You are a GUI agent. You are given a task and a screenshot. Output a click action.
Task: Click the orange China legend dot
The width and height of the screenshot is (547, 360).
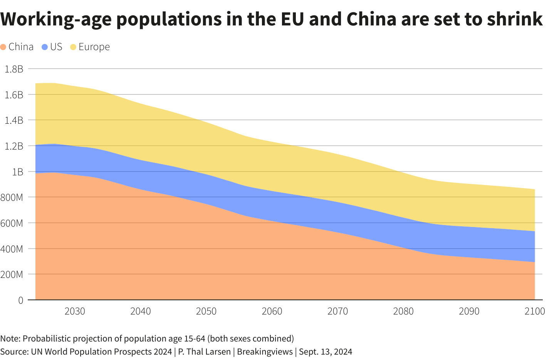pyautogui.click(x=3, y=47)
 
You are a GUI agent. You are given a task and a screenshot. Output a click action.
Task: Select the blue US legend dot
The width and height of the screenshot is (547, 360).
pyautogui.click(x=45, y=47)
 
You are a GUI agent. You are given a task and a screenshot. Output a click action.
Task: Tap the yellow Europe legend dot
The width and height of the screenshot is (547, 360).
pyautogui.click(x=73, y=47)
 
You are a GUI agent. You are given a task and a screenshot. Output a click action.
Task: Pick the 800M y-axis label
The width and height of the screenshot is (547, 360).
pyautogui.click(x=13, y=197)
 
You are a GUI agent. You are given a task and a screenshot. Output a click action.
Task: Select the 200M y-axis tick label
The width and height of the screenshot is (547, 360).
pyautogui.click(x=13, y=274)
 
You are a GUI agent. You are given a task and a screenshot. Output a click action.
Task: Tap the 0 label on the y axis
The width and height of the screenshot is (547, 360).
pyautogui.click(x=20, y=300)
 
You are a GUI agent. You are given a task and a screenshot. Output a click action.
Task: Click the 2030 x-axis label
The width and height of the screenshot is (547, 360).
pyautogui.click(x=75, y=311)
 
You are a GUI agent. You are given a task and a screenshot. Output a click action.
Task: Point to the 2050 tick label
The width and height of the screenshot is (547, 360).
pyautogui.click(x=206, y=311)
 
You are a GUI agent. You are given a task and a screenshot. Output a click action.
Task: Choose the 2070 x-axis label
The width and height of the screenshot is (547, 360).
pyautogui.click(x=338, y=311)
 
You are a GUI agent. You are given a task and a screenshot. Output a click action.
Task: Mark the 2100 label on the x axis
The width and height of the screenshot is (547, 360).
pyautogui.click(x=535, y=311)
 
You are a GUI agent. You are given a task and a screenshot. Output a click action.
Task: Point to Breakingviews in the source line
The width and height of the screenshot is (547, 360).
pyautogui.click(x=265, y=352)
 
